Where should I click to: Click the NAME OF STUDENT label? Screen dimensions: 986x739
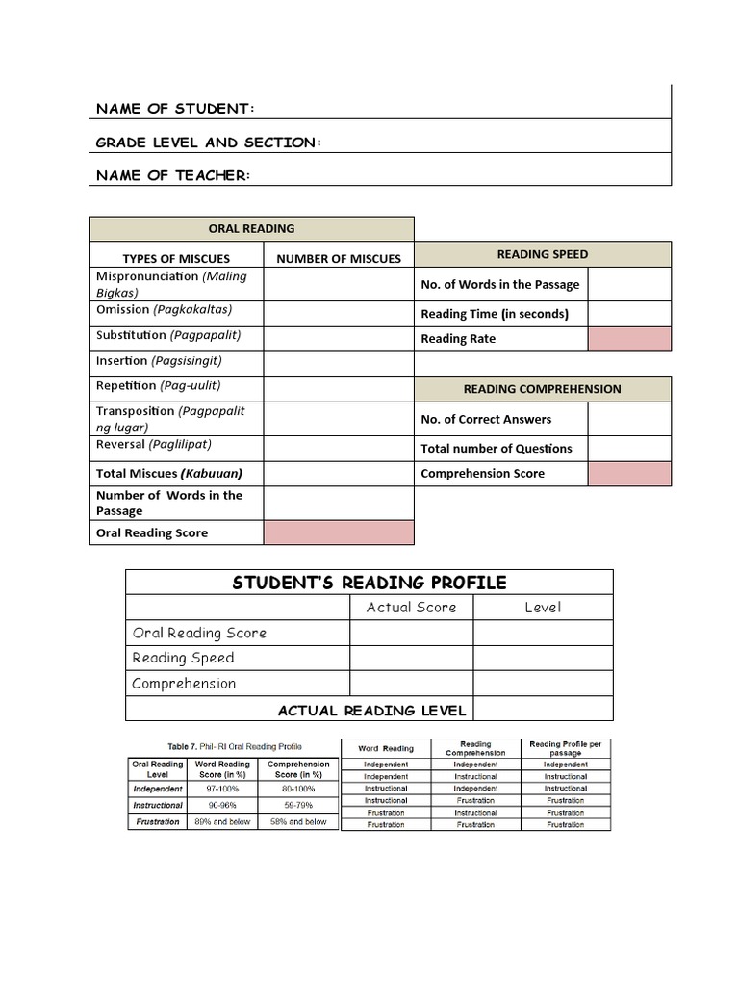(175, 108)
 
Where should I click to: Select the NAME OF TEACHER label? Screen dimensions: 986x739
(172, 175)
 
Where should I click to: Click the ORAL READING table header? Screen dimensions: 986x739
(252, 228)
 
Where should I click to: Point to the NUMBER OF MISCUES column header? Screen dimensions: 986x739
(339, 258)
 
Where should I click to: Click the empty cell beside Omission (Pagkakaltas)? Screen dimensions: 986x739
(339, 314)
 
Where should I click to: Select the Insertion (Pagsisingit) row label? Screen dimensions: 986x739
(159, 360)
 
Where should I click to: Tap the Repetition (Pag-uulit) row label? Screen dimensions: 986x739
(159, 385)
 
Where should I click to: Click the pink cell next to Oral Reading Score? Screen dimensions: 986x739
(339, 532)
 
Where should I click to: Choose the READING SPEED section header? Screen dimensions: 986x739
(543, 254)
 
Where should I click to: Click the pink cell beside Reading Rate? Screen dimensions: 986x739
(629, 339)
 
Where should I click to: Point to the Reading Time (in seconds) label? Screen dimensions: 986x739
(495, 314)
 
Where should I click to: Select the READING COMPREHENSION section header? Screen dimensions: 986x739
(543, 389)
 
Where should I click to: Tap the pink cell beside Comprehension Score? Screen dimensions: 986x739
(629, 474)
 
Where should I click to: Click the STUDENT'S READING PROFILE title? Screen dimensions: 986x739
(369, 583)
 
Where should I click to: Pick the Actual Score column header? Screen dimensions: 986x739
(411, 607)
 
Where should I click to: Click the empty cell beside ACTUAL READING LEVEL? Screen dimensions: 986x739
(543, 710)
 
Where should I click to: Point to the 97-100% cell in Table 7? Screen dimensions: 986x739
(222, 789)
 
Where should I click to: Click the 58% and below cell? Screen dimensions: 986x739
(302, 822)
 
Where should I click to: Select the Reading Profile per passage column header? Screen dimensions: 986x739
(565, 748)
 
